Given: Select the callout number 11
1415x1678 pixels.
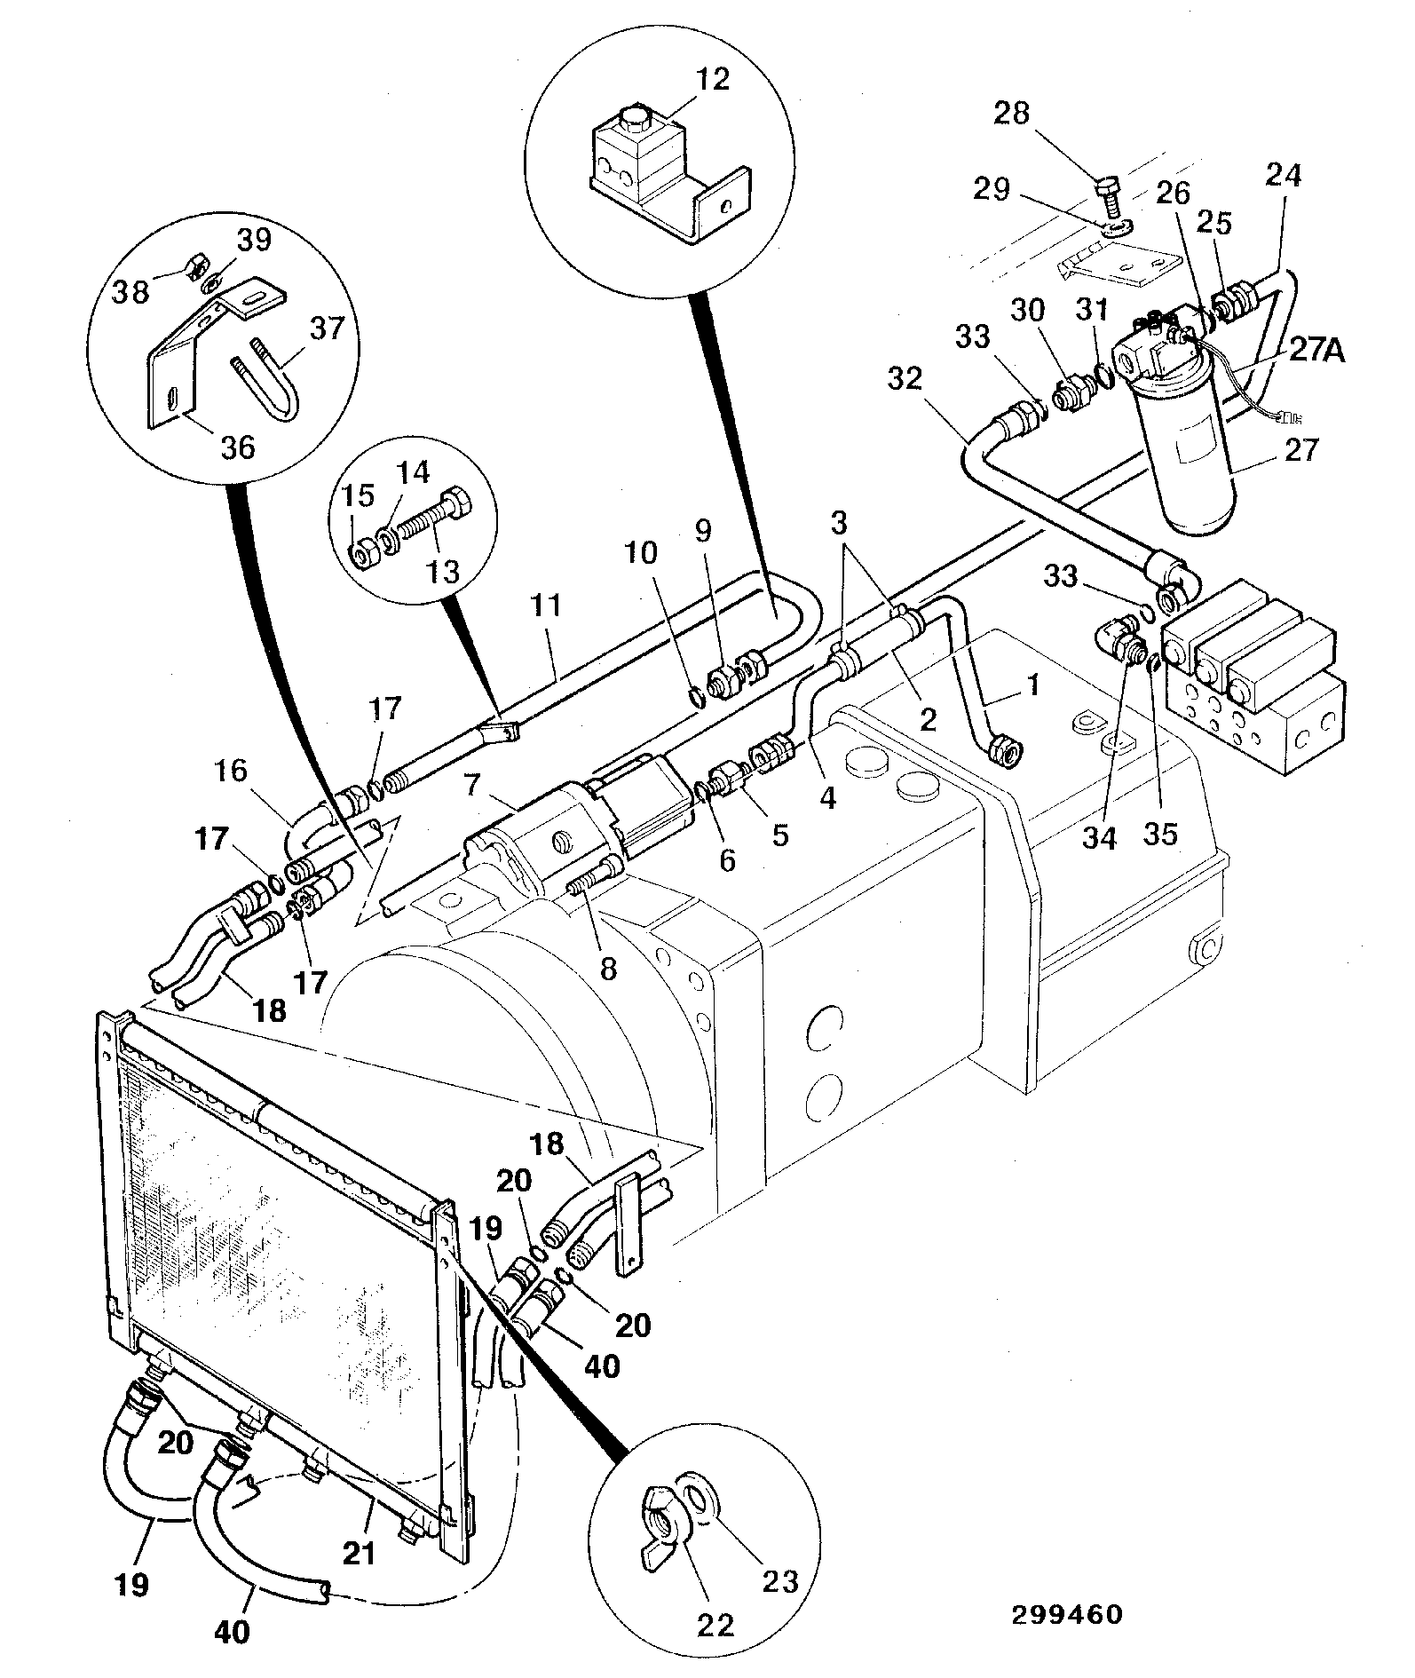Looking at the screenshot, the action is click(x=546, y=606).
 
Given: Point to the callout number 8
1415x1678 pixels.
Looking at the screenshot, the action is click(x=607, y=968).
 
